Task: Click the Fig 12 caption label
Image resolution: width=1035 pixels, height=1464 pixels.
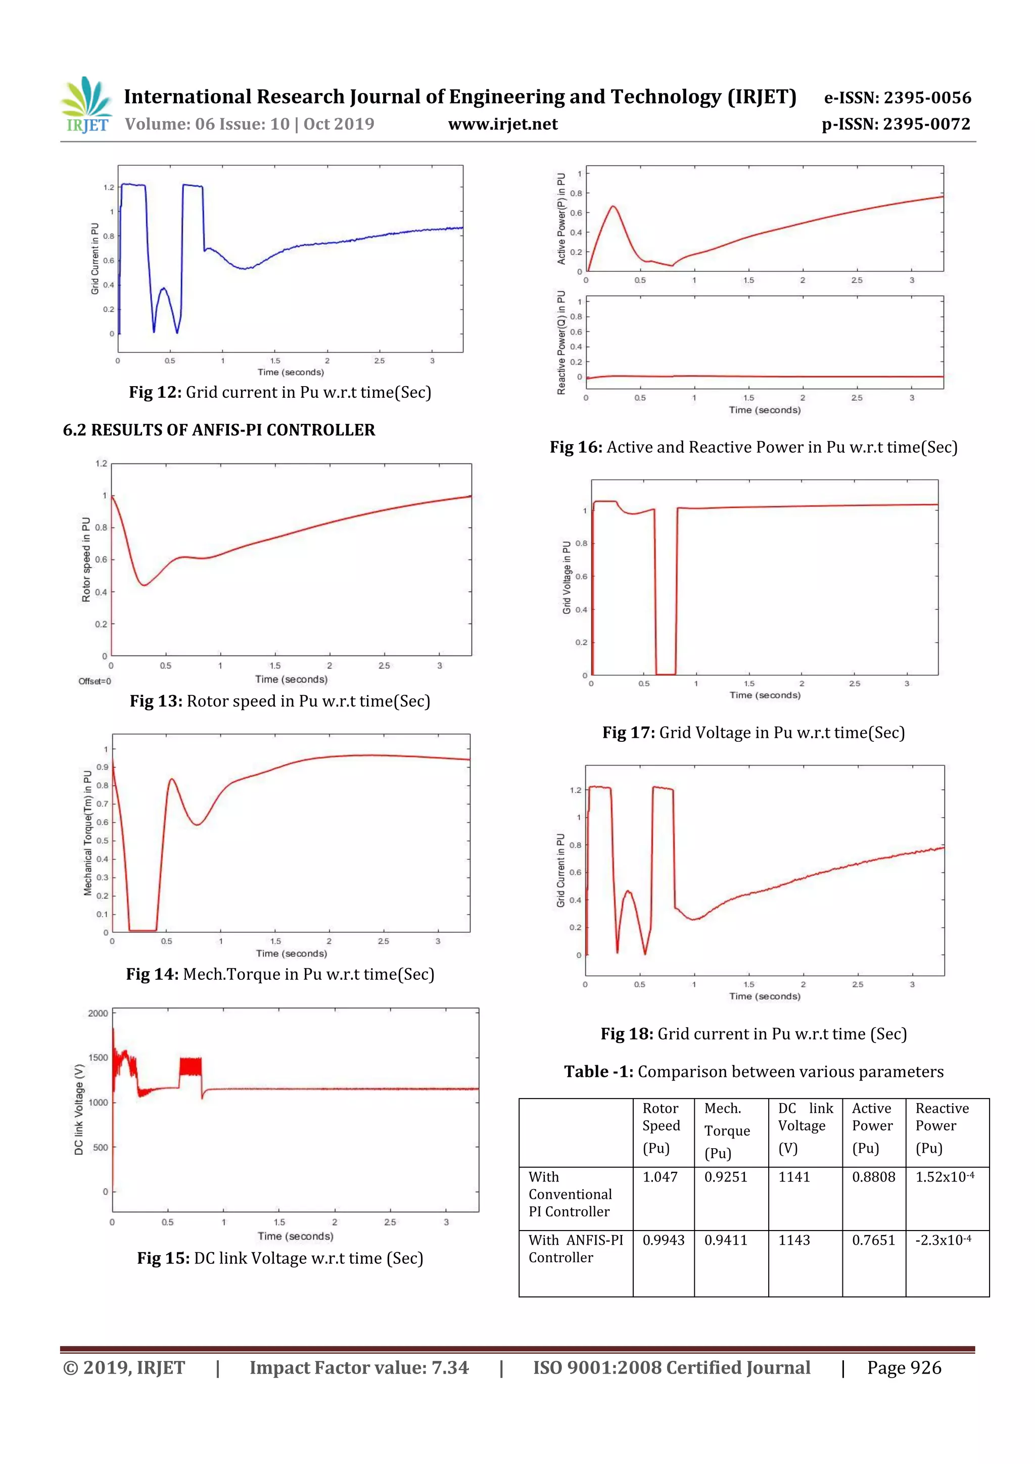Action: click(x=156, y=392)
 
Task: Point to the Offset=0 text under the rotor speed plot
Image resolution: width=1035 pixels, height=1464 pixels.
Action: click(x=95, y=682)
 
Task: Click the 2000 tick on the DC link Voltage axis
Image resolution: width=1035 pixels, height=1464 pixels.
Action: click(x=98, y=1013)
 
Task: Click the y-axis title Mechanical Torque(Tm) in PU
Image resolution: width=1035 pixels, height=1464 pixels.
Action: click(x=87, y=832)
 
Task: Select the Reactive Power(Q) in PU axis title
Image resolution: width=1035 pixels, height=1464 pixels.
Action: click(x=561, y=343)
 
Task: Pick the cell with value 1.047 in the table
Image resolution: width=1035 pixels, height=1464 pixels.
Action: click(x=660, y=1177)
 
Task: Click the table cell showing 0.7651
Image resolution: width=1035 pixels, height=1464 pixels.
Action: click(x=873, y=1240)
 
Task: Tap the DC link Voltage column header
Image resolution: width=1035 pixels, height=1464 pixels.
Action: click(x=805, y=1127)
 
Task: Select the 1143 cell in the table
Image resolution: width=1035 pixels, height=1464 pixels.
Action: click(x=794, y=1240)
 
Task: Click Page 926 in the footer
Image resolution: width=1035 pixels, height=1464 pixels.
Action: click(x=904, y=1367)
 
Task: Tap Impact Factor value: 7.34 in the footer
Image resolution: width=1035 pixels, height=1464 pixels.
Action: click(x=358, y=1367)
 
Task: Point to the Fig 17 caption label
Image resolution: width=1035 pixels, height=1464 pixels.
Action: click(x=628, y=733)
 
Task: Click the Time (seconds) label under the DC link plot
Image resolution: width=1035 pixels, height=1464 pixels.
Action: click(x=295, y=1237)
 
